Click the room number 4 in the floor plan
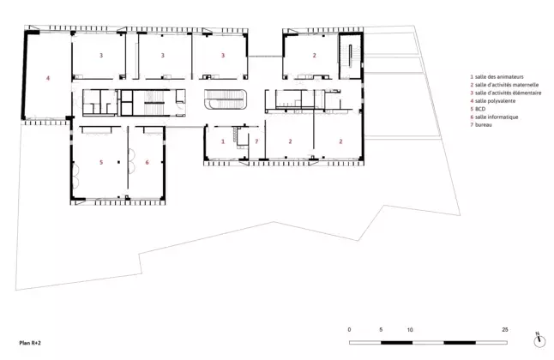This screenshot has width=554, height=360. tap(48, 78)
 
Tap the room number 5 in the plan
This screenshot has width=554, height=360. tap(101, 162)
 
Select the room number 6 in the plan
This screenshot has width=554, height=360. tap(147, 162)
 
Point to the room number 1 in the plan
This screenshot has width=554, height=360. tap(223, 141)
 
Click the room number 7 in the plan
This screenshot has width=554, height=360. tap(256, 141)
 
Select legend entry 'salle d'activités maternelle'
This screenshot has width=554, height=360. tap(507, 85)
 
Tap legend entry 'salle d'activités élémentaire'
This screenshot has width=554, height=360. tap(508, 93)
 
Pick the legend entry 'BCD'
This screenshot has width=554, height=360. tap(480, 109)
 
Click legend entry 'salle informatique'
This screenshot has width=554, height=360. tap(497, 117)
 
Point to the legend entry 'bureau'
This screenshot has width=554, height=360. tap(484, 124)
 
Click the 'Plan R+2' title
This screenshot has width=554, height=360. tap(30, 343)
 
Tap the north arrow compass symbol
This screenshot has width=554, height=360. tap(539, 340)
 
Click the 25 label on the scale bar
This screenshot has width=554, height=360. tap(505, 330)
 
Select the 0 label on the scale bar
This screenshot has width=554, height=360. tap(349, 330)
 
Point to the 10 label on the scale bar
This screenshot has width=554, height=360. tap(410, 330)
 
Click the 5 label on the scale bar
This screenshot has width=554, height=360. tap(381, 330)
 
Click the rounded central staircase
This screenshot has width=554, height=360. tap(226, 99)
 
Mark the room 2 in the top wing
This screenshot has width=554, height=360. tap(314, 55)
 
